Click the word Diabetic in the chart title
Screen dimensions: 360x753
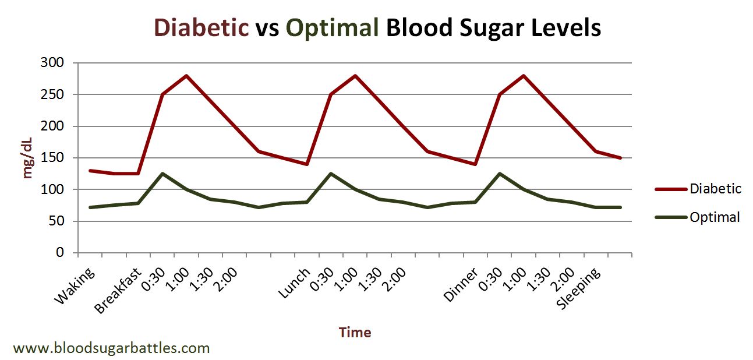pyautogui.click(x=201, y=27)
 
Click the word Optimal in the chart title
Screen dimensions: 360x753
pyautogui.click(x=332, y=27)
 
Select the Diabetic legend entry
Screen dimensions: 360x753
pyautogui.click(x=715, y=189)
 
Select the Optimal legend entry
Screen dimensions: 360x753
pyautogui.click(x=714, y=217)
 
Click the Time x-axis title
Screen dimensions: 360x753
pyautogui.click(x=355, y=333)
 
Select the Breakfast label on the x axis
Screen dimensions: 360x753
pyautogui.click(x=119, y=291)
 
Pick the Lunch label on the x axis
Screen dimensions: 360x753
pyautogui.click(x=295, y=284)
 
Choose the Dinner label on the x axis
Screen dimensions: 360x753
pyautogui.click(x=461, y=285)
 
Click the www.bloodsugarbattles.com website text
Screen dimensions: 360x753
pyautogui.click(x=111, y=348)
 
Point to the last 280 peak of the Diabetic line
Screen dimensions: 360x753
pyautogui.click(x=524, y=75)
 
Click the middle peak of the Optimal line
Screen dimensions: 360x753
pyautogui.click(x=331, y=174)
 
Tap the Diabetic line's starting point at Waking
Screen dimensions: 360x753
pyautogui.click(x=90, y=171)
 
